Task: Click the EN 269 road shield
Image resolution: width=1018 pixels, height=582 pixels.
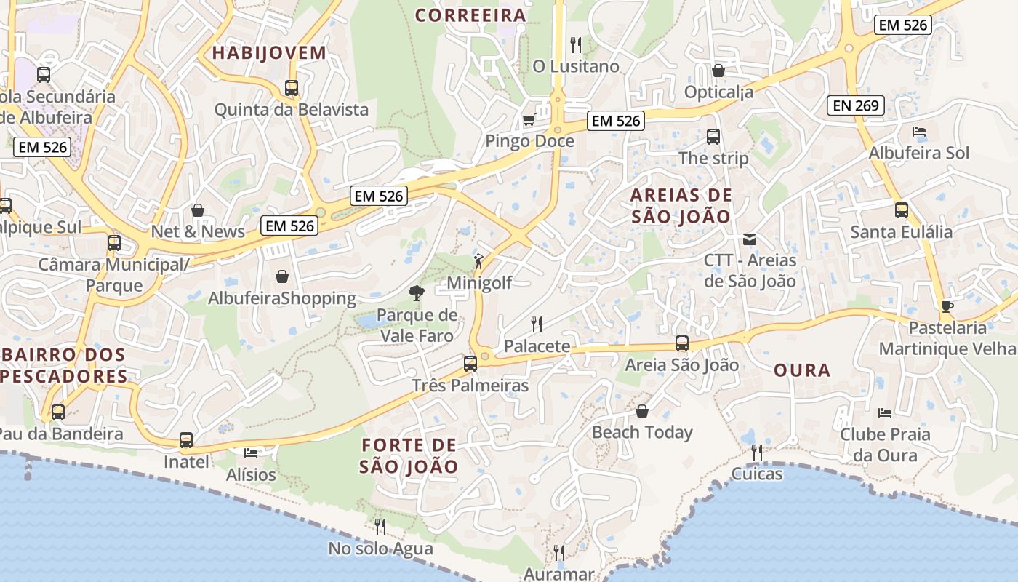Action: pyautogui.click(x=857, y=105)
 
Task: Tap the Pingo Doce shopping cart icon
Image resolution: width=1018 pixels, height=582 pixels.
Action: pyautogui.click(x=529, y=119)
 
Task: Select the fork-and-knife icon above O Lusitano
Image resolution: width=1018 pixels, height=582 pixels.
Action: pyautogui.click(x=576, y=44)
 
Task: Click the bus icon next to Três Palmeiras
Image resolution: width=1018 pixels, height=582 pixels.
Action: pyautogui.click(x=470, y=363)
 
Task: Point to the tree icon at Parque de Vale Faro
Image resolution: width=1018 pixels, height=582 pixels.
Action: pyautogui.click(x=417, y=293)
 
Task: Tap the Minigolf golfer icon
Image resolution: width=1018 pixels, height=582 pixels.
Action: pyautogui.click(x=478, y=261)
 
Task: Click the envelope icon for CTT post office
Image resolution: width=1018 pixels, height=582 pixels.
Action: pyautogui.click(x=750, y=239)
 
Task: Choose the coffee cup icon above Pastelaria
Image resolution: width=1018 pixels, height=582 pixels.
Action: pyautogui.click(x=947, y=306)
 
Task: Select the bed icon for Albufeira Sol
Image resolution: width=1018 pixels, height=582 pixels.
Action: pyautogui.click(x=919, y=132)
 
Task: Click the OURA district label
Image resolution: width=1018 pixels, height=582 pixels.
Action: pyautogui.click(x=802, y=370)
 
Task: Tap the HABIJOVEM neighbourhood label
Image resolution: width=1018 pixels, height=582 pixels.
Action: pyautogui.click(x=269, y=52)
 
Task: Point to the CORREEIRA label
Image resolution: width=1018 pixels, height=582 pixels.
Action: pyautogui.click(x=470, y=15)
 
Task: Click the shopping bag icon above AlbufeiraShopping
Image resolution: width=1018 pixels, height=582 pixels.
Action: pyautogui.click(x=282, y=276)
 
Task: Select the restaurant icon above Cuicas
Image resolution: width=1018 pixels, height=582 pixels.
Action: pyautogui.click(x=757, y=453)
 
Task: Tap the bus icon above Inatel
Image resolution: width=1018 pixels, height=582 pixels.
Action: pyautogui.click(x=186, y=440)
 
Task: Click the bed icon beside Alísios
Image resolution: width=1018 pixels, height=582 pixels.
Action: pyautogui.click(x=251, y=453)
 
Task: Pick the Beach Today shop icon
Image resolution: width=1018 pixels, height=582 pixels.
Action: pyautogui.click(x=642, y=411)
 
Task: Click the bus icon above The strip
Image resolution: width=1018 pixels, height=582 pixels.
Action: pyautogui.click(x=713, y=136)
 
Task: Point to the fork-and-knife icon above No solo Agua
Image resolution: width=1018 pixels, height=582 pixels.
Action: pyautogui.click(x=380, y=527)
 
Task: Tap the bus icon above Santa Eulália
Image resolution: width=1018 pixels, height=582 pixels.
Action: pyautogui.click(x=902, y=210)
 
